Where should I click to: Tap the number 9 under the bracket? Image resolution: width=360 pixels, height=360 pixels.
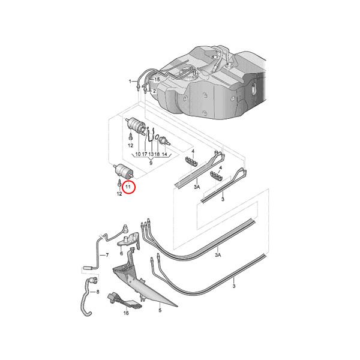click(151, 163)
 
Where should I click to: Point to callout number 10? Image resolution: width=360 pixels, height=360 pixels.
click(137, 155)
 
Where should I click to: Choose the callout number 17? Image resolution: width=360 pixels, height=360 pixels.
click(145, 155)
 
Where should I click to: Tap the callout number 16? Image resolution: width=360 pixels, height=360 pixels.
click(126, 313)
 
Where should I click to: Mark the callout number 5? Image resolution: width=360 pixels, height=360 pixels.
click(160, 310)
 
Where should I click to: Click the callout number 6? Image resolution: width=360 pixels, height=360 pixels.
click(121, 254)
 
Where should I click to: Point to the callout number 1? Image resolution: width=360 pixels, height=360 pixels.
click(129, 80)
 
